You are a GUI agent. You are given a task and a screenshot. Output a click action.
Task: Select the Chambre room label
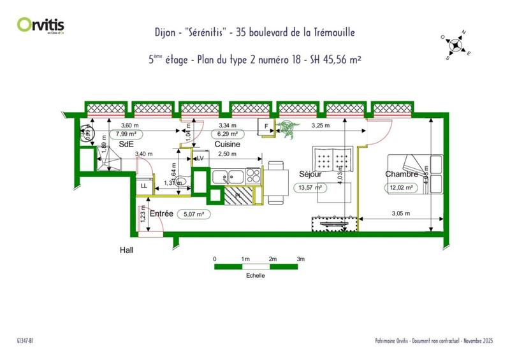pyautogui.click(x=402, y=174)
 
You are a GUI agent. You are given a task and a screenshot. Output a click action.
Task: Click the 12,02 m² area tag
pyautogui.click(x=400, y=188)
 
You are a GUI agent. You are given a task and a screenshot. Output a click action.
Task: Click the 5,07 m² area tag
pyautogui.click(x=193, y=214)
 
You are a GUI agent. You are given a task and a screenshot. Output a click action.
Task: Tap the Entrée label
pyautogui.click(x=161, y=213)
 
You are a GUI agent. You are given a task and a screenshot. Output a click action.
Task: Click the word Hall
pyautogui.click(x=126, y=250)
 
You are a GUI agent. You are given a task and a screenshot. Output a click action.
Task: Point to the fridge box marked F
pyautogui.click(x=266, y=126)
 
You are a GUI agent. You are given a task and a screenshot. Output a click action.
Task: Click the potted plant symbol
pyautogui.click(x=288, y=127)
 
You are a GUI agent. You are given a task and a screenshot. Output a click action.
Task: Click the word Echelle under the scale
pyautogui.click(x=256, y=275)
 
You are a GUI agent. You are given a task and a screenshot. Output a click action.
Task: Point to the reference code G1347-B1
pyautogui.click(x=25, y=342)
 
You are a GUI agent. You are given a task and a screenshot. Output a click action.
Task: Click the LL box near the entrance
pyautogui.click(x=144, y=185)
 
